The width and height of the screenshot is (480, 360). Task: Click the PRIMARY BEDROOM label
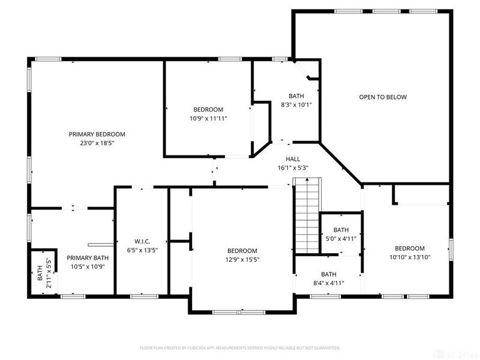point(97,134)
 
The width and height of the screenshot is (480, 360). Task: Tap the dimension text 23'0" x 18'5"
point(97,143)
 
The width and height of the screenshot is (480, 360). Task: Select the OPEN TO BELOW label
point(383,97)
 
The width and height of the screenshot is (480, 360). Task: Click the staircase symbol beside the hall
point(308,215)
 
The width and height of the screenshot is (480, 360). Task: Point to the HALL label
point(293,159)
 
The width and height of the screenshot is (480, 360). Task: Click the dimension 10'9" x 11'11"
point(208,118)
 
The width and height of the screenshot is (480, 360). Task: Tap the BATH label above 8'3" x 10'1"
point(296,96)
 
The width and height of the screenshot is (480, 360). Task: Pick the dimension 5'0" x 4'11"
point(341,238)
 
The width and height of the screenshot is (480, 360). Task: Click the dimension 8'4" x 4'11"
point(328,283)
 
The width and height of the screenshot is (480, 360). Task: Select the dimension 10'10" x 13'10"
point(410,257)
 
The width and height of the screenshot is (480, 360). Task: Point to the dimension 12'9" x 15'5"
point(242,259)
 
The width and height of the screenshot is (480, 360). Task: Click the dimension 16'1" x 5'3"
point(293,167)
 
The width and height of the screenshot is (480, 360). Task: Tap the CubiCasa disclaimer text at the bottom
point(240,347)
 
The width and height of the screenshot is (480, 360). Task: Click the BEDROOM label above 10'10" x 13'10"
point(410,248)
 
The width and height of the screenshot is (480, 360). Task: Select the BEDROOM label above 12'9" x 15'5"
point(242,251)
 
